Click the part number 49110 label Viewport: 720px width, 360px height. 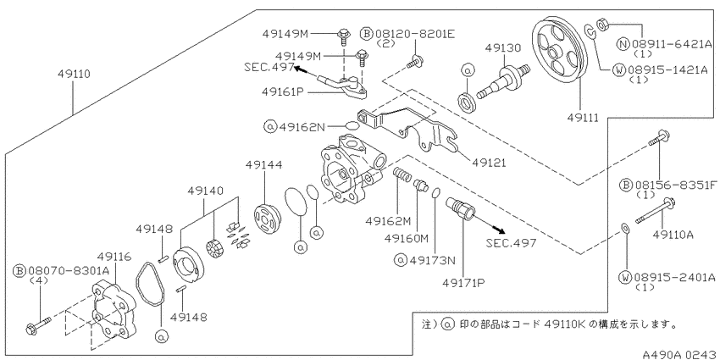[x=74, y=74]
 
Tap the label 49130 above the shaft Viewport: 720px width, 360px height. [x=504, y=47]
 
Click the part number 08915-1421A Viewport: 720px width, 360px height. [x=667, y=69]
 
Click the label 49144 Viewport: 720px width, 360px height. [x=263, y=164]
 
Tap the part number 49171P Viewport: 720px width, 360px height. [x=464, y=283]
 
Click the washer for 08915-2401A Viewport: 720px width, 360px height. [x=624, y=228]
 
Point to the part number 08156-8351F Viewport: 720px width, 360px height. [x=676, y=185]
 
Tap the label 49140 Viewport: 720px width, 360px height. [x=205, y=190]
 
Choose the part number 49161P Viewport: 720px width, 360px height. [x=283, y=91]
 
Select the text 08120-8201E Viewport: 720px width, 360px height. [x=415, y=34]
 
